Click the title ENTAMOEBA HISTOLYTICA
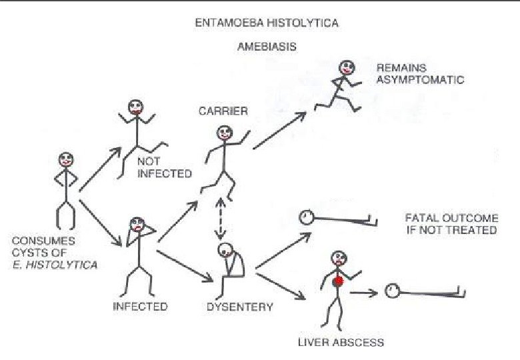[267, 23]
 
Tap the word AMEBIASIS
[267, 48]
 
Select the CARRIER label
[223, 111]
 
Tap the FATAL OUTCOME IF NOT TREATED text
[451, 224]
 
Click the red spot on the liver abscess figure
[339, 281]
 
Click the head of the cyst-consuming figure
[66, 160]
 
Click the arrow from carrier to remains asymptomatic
[279, 129]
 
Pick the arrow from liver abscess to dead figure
[364, 292]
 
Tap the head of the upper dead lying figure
[306, 217]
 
